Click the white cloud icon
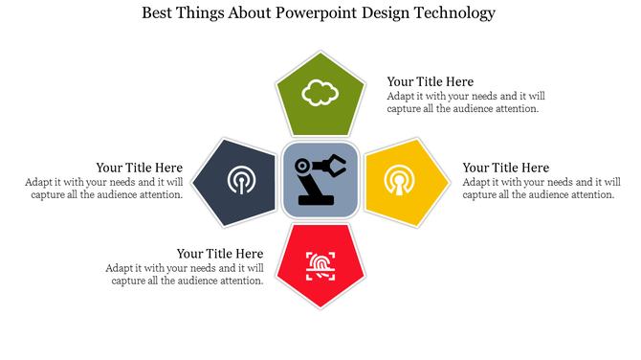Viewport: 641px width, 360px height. coord(320,93)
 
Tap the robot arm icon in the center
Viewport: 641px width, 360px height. coord(320,179)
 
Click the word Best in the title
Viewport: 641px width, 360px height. coord(159,13)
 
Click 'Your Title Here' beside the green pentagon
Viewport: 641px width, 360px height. coord(430,81)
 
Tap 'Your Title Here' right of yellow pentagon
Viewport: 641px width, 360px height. coord(505,168)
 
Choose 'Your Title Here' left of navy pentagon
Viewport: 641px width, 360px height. coord(139,168)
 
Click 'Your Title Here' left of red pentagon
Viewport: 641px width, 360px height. coord(220,254)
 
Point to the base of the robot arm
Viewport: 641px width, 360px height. coord(315,200)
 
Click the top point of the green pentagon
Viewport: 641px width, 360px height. coord(320,52)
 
